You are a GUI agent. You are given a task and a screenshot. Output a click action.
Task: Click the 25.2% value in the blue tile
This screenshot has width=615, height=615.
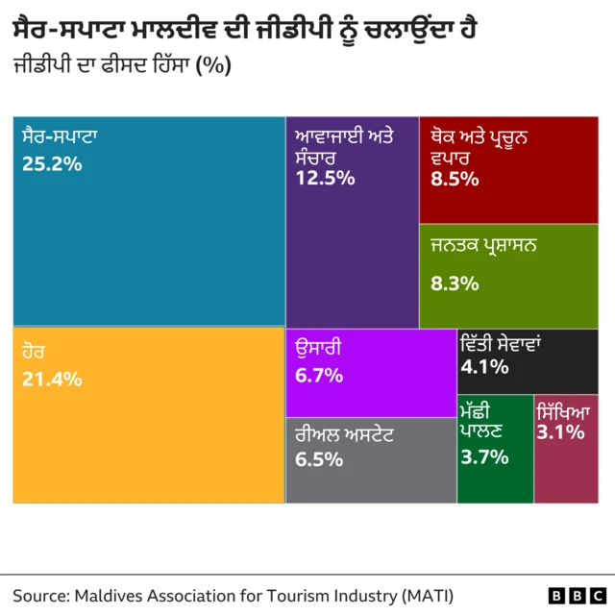click(x=51, y=164)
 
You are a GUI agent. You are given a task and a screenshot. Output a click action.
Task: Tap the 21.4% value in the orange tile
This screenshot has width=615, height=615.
click(x=51, y=379)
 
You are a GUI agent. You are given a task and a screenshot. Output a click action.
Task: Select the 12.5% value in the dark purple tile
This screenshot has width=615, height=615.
click(x=326, y=179)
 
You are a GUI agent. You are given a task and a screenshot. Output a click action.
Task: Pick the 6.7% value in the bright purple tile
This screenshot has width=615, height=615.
click(x=319, y=376)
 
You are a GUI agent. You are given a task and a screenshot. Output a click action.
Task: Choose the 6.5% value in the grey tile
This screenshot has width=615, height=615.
click(x=319, y=459)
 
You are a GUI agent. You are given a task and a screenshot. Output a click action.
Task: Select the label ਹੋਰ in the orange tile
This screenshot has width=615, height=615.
click(x=34, y=352)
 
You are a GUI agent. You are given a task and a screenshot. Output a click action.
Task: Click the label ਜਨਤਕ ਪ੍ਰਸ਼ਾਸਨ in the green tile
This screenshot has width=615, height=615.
click(x=483, y=246)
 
